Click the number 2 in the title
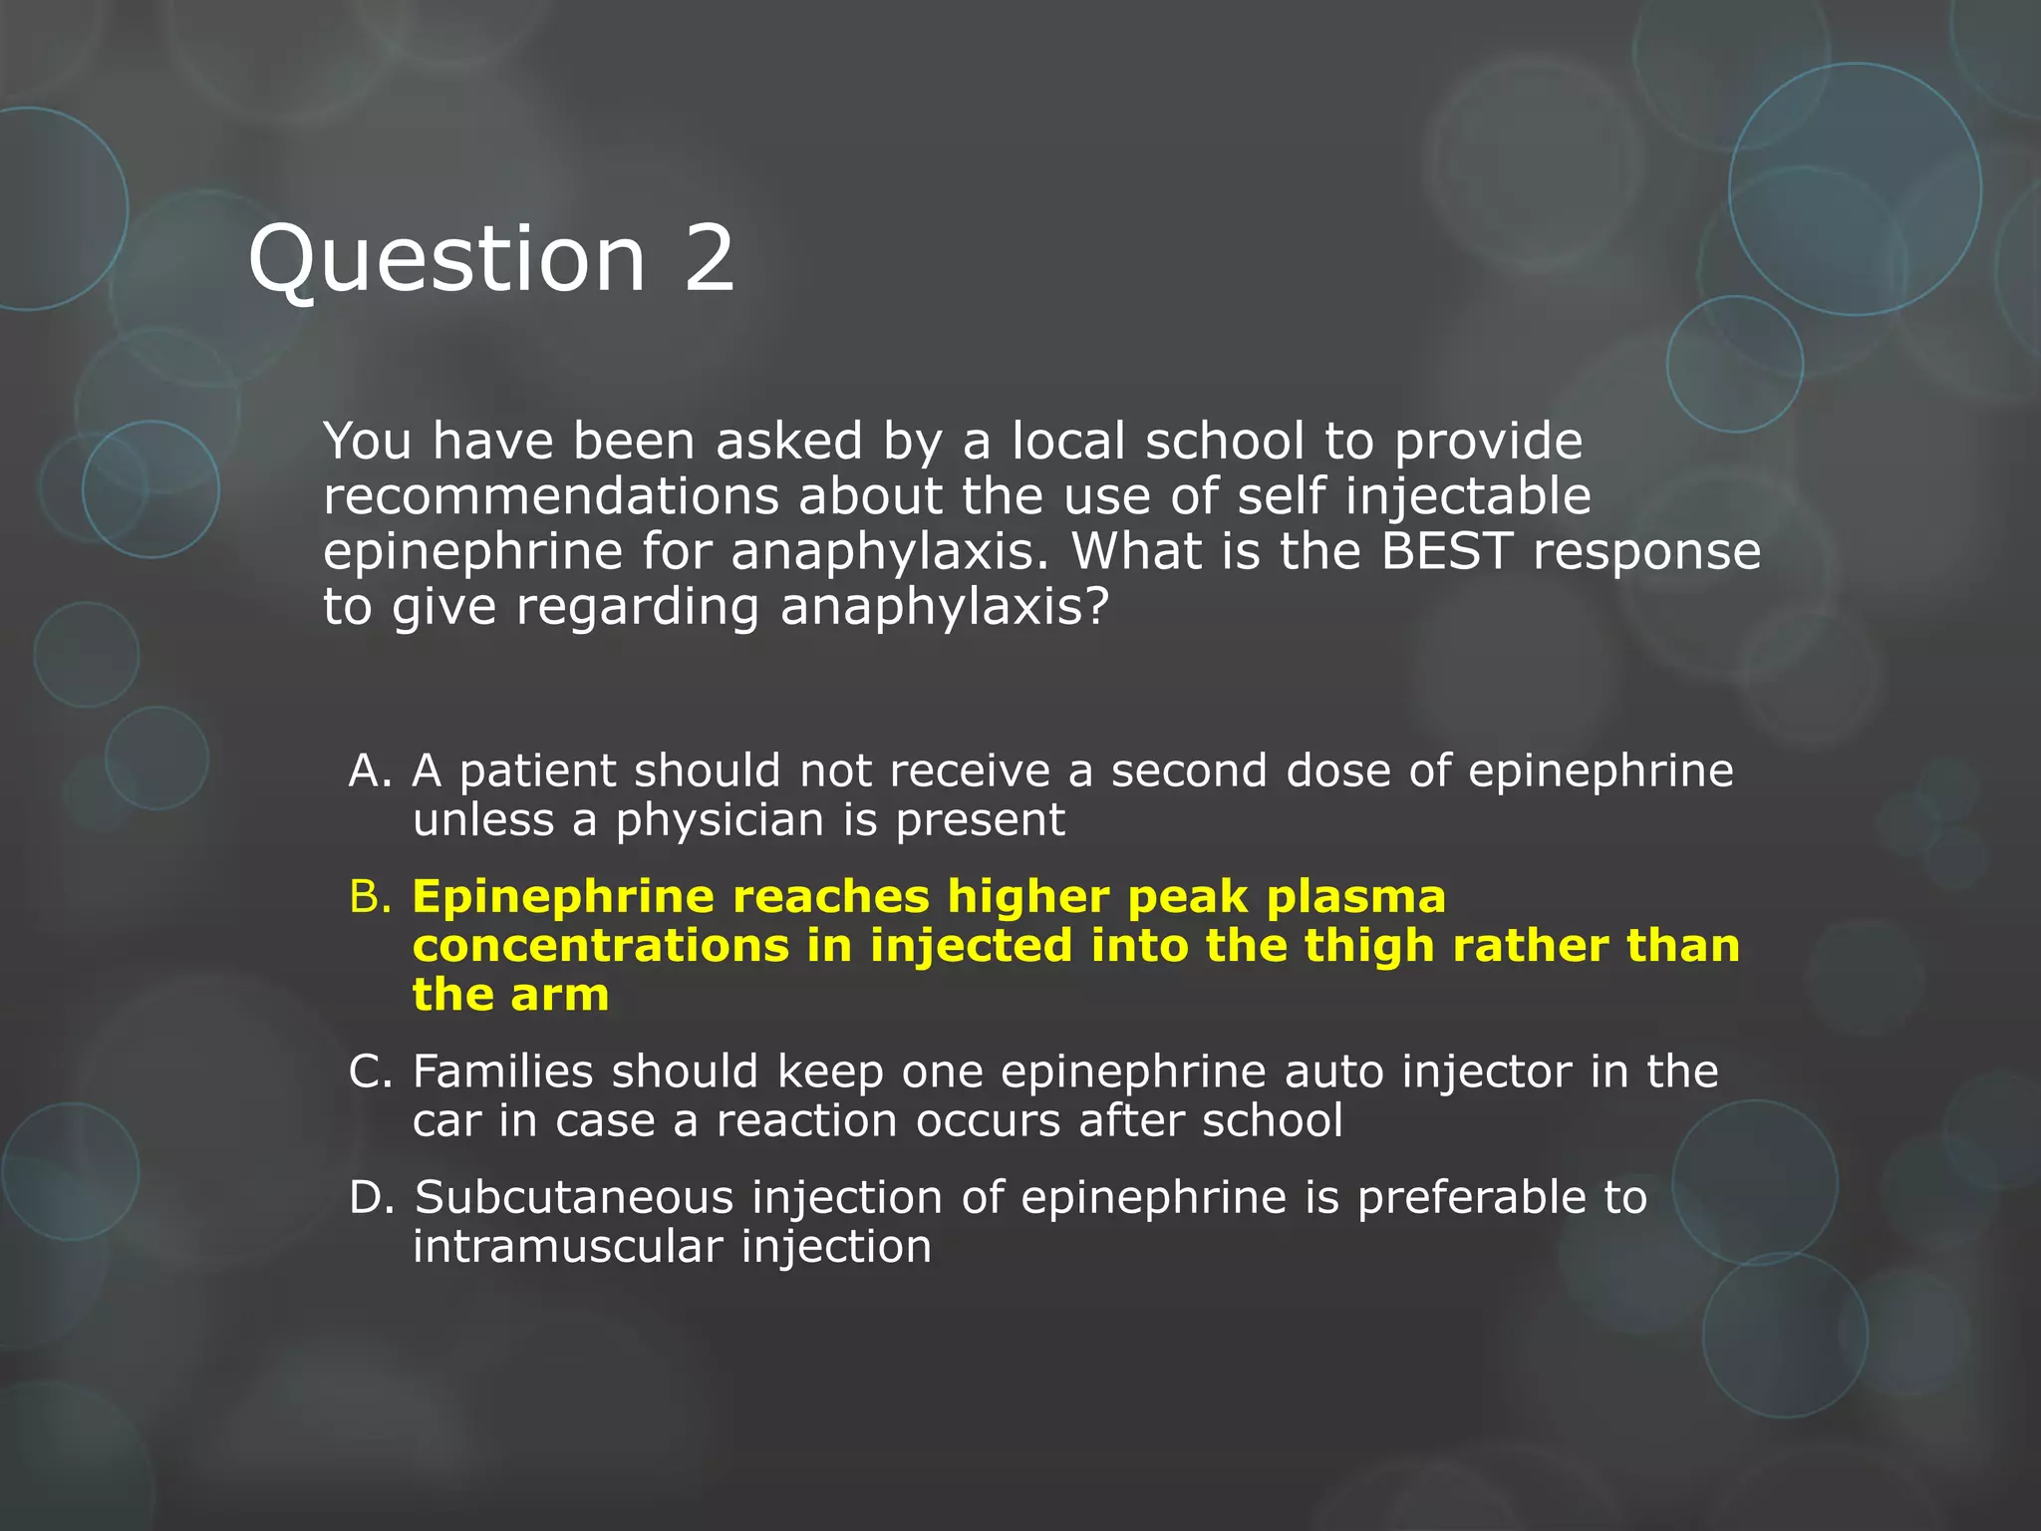[x=709, y=258]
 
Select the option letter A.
[x=370, y=770]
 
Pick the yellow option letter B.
[x=370, y=897]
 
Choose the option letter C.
[x=371, y=1072]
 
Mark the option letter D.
[x=371, y=1197]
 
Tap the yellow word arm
[x=559, y=995]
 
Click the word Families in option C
[x=503, y=1072]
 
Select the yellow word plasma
[x=1355, y=897]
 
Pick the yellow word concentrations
[x=601, y=946]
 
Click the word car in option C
[x=445, y=1121]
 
